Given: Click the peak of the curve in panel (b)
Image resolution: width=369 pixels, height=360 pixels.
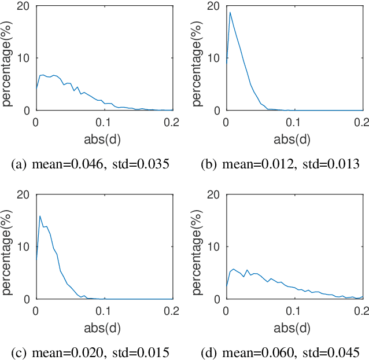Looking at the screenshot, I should click(230, 12).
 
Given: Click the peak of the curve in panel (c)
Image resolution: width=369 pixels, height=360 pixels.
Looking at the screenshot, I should click(40, 216).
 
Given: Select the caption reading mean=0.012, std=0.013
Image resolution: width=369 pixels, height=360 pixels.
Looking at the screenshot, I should click(280, 164).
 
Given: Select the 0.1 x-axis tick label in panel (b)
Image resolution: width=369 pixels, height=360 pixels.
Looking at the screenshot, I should click(294, 122).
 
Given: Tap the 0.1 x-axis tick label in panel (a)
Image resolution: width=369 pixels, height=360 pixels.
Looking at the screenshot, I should click(104, 122).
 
